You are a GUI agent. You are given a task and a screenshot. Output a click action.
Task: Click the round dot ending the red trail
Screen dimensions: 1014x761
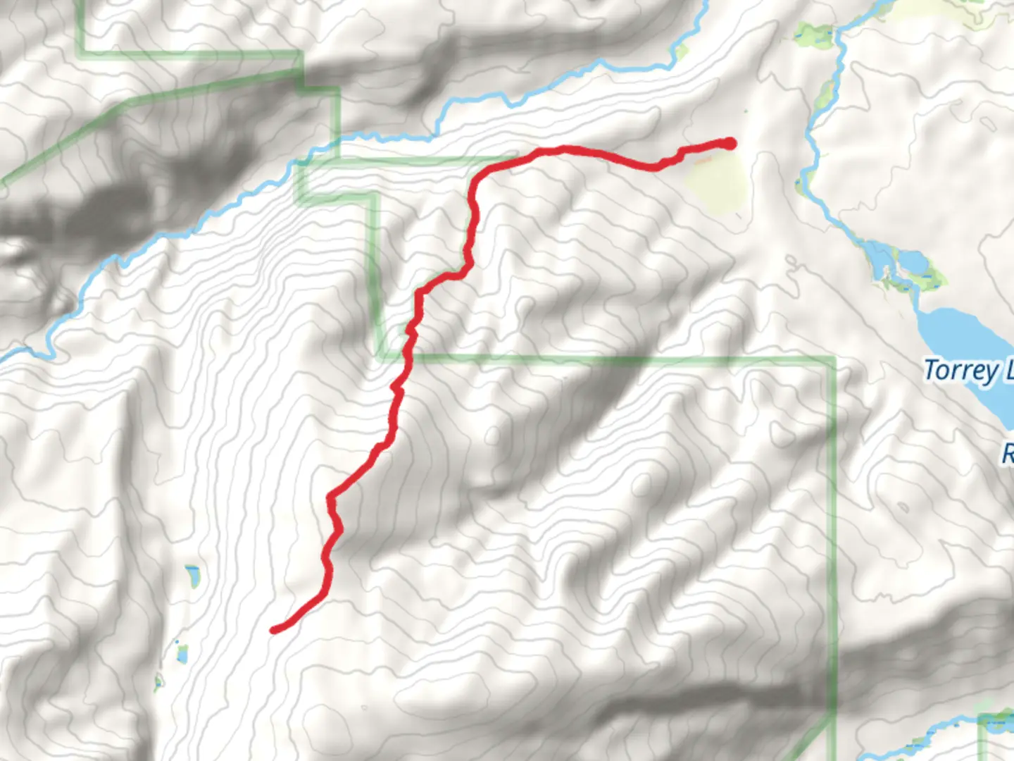(x=730, y=144)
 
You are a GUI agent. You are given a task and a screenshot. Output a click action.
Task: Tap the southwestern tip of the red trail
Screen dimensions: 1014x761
(x=275, y=629)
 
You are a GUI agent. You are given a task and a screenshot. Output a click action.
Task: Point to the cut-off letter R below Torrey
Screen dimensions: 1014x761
(x=1008, y=453)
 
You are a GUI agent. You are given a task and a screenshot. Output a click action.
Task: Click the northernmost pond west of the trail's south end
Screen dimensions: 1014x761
(x=192, y=576)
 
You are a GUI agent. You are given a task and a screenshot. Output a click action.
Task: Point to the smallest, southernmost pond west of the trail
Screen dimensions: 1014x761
(x=159, y=681)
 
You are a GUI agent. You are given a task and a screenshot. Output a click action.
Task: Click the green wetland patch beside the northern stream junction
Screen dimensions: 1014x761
(x=815, y=34)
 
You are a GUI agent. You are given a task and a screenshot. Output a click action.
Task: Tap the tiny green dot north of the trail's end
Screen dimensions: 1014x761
(x=746, y=111)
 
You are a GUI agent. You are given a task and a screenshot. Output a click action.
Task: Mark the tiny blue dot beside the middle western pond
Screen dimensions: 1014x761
(x=175, y=642)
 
